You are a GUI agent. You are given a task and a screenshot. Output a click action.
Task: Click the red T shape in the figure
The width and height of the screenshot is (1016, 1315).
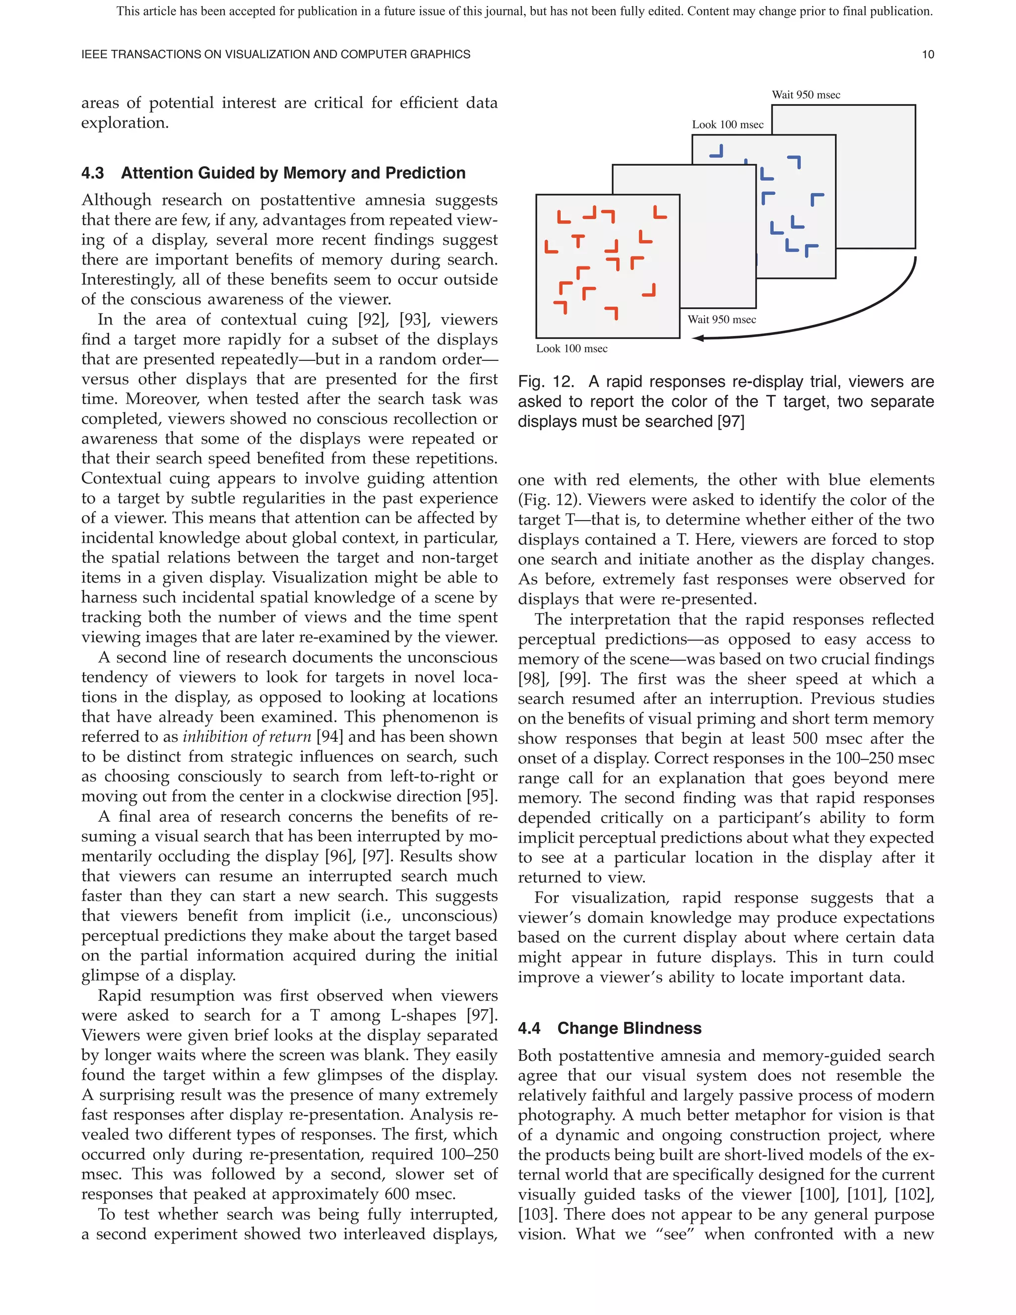pos(578,241)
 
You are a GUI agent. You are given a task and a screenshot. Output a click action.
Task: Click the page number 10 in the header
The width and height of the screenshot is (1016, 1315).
pos(928,55)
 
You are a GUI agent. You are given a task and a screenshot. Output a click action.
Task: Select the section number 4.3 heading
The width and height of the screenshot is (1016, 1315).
pos(93,173)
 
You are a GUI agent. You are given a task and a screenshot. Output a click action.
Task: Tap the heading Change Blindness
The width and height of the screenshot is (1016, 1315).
pos(629,1028)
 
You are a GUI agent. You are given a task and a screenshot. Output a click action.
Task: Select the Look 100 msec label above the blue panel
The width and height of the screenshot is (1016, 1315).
pos(727,125)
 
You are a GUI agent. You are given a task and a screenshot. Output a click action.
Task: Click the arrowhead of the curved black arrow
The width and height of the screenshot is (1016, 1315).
pos(698,338)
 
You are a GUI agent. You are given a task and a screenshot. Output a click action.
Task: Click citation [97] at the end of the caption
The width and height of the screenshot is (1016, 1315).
pos(731,421)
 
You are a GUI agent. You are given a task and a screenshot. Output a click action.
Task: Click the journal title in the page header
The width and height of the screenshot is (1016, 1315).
pos(276,55)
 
